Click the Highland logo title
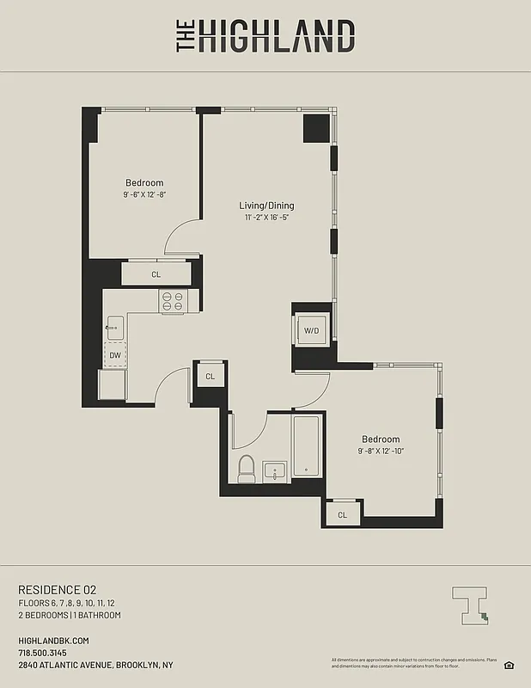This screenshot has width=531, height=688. [x=265, y=36]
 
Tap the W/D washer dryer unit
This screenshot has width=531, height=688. [x=310, y=330]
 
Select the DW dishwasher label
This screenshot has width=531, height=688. [x=114, y=354]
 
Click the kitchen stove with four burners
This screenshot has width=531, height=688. [x=173, y=300]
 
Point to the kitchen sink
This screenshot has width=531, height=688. [x=115, y=327]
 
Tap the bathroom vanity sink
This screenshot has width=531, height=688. [x=274, y=472]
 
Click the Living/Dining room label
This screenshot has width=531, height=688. [x=266, y=206]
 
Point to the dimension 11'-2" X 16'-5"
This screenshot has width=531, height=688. [x=266, y=218]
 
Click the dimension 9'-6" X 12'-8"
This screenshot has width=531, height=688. [x=144, y=194]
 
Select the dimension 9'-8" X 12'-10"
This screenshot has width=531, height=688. [x=381, y=451]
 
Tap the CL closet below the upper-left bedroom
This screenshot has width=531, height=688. [x=156, y=274]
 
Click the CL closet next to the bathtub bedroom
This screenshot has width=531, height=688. [x=342, y=514]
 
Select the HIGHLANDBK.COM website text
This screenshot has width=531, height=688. [x=53, y=641]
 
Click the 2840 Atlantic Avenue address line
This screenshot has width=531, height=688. [x=95, y=665]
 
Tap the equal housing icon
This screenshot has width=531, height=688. [x=509, y=664]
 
